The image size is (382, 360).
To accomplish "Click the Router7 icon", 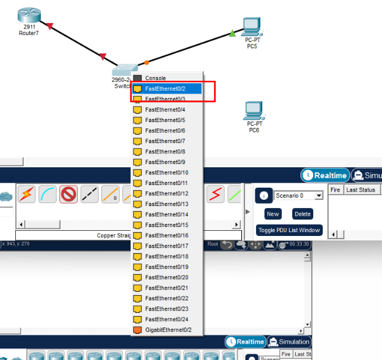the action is tap(27, 15).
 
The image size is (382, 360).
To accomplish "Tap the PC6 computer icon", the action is tap(253, 111).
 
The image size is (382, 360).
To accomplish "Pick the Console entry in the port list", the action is tap(155, 78).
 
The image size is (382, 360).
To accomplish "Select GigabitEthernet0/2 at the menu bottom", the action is tap(168, 329).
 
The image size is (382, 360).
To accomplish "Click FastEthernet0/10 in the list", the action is tap(166, 172).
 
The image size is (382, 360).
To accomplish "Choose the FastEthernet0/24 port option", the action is tap(166, 319).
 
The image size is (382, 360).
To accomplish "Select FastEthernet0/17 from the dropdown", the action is tap(166, 246).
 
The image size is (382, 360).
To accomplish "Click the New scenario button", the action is tap(272, 214).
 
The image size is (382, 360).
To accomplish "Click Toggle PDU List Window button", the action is tap(289, 230).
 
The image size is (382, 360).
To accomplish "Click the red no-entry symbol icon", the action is tap(69, 194).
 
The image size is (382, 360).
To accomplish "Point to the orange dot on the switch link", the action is tap(146, 62).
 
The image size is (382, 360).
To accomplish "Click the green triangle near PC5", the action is tap(232, 33).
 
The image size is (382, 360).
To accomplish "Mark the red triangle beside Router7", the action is tap(50, 25).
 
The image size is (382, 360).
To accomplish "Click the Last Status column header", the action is tap(360, 190).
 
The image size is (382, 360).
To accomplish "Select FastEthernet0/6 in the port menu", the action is tap(165, 130).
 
